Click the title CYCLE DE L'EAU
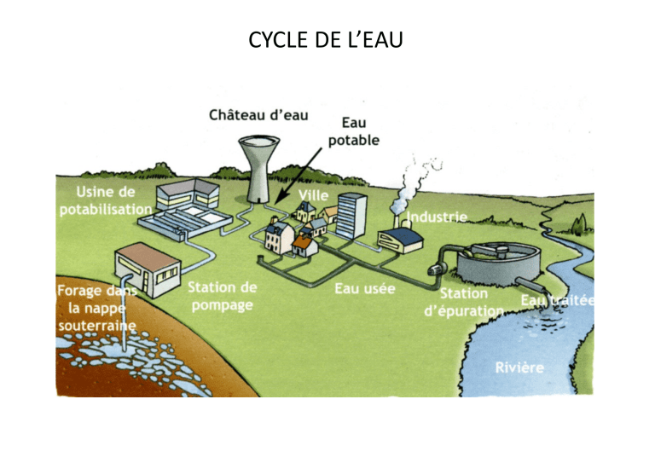(x=326, y=40)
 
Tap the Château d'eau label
(x=258, y=115)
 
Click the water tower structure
(x=259, y=169)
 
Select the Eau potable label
(x=353, y=131)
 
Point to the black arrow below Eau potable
(x=299, y=175)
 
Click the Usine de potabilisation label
(x=106, y=200)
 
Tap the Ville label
(x=313, y=195)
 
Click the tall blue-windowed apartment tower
(x=351, y=216)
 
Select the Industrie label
(x=437, y=217)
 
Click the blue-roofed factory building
(x=400, y=240)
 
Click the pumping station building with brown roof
(x=148, y=269)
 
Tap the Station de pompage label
(x=223, y=296)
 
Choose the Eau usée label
(x=365, y=288)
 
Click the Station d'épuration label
(x=464, y=302)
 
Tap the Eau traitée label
(x=557, y=300)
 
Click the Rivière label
(x=519, y=368)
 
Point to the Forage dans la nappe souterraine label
(x=97, y=308)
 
